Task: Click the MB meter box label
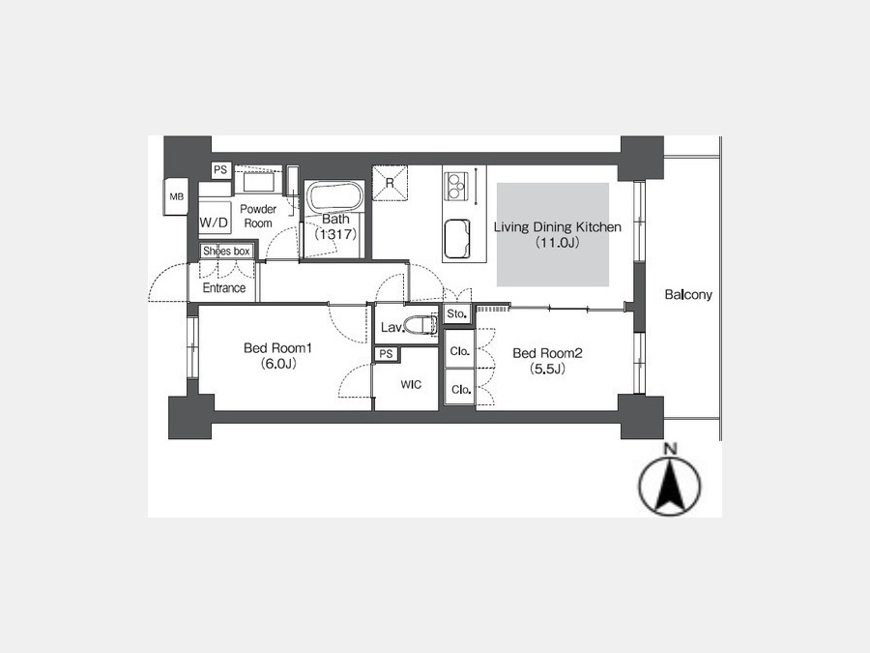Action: tap(177, 196)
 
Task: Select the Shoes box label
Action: tap(226, 251)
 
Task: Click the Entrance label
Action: tap(223, 287)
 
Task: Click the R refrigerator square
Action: tap(390, 182)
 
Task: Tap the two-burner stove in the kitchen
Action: tap(456, 186)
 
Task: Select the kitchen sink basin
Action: tap(456, 238)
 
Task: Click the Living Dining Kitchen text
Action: tap(557, 226)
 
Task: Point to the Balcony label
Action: tap(688, 294)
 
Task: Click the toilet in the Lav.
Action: tap(419, 325)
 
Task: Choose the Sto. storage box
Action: tap(457, 313)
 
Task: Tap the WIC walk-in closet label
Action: tap(411, 384)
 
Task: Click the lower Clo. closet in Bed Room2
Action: tap(460, 388)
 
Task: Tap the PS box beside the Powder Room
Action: tap(220, 170)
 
